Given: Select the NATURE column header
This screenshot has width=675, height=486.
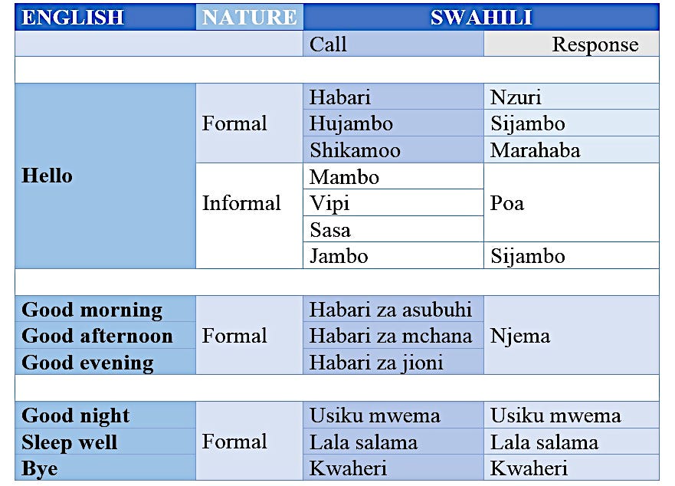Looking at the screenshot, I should tap(250, 18).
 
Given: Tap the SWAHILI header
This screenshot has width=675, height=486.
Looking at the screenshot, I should tap(481, 18).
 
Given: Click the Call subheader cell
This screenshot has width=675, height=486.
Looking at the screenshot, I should tap(393, 44).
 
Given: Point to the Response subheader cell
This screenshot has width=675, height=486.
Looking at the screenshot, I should tap(572, 44).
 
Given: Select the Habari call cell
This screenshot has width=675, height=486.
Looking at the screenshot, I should tap(393, 97).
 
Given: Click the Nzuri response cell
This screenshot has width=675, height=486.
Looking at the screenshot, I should tap(572, 97).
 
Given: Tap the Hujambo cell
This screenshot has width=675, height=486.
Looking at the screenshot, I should tap(393, 123).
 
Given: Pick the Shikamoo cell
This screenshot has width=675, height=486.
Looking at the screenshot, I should tap(393, 150).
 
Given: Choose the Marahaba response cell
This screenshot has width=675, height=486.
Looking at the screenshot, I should tap(572, 150).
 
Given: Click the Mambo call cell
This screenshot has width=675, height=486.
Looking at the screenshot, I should tap(393, 177).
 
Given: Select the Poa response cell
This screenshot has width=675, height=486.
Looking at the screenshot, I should tap(572, 203).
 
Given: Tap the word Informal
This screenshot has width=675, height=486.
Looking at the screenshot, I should tap(241, 203).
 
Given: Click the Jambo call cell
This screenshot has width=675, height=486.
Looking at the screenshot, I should tap(393, 256).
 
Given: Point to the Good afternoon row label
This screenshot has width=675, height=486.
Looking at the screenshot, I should tap(97, 336).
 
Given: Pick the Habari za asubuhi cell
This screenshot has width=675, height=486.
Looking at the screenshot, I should tap(393, 310).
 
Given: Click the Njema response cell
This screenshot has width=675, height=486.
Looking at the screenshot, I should tap(572, 336).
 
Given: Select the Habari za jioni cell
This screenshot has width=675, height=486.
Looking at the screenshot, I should tap(393, 363).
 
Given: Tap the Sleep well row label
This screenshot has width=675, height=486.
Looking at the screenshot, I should tap(70, 442).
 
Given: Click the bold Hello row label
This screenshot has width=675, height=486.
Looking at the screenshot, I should tap(48, 176).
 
